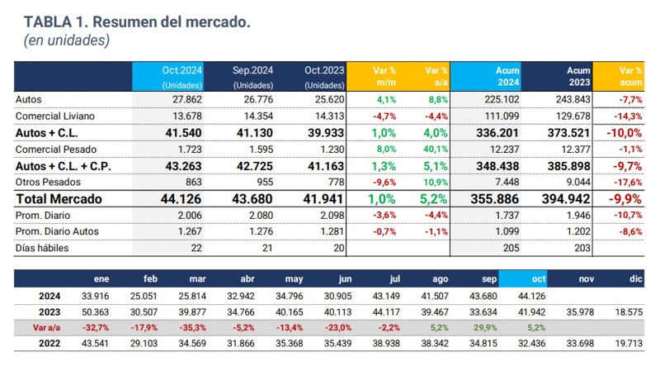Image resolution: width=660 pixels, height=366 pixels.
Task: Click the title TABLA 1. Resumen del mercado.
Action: pyautogui.click(x=137, y=21)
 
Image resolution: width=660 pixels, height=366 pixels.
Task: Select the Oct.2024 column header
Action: pyautogui.click(x=168, y=77)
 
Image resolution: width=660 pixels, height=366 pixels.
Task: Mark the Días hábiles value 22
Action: pyautogui.click(x=196, y=248)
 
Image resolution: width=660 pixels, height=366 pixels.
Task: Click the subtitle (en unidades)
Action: pyautogui.click(x=67, y=40)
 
